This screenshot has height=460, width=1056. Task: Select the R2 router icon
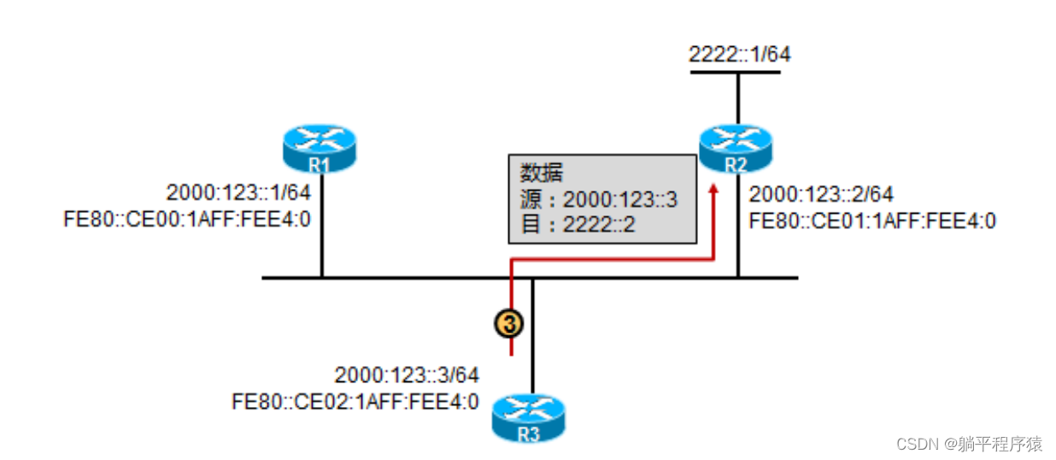pos(735,148)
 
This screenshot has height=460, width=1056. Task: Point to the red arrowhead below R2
pos(714,187)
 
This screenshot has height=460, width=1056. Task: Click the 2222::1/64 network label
pos(740,55)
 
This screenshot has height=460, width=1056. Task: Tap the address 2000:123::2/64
pos(821,196)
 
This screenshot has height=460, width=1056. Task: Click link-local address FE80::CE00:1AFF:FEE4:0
pos(187,220)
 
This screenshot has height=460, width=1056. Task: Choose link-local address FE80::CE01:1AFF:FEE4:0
pos(872,221)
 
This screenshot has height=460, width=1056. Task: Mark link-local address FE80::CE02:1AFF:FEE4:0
pos(355,401)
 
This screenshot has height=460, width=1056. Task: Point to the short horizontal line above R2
pos(735,73)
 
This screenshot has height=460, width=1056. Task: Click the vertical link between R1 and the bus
pos(321,248)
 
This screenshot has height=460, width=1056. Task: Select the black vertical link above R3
pos(532,338)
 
